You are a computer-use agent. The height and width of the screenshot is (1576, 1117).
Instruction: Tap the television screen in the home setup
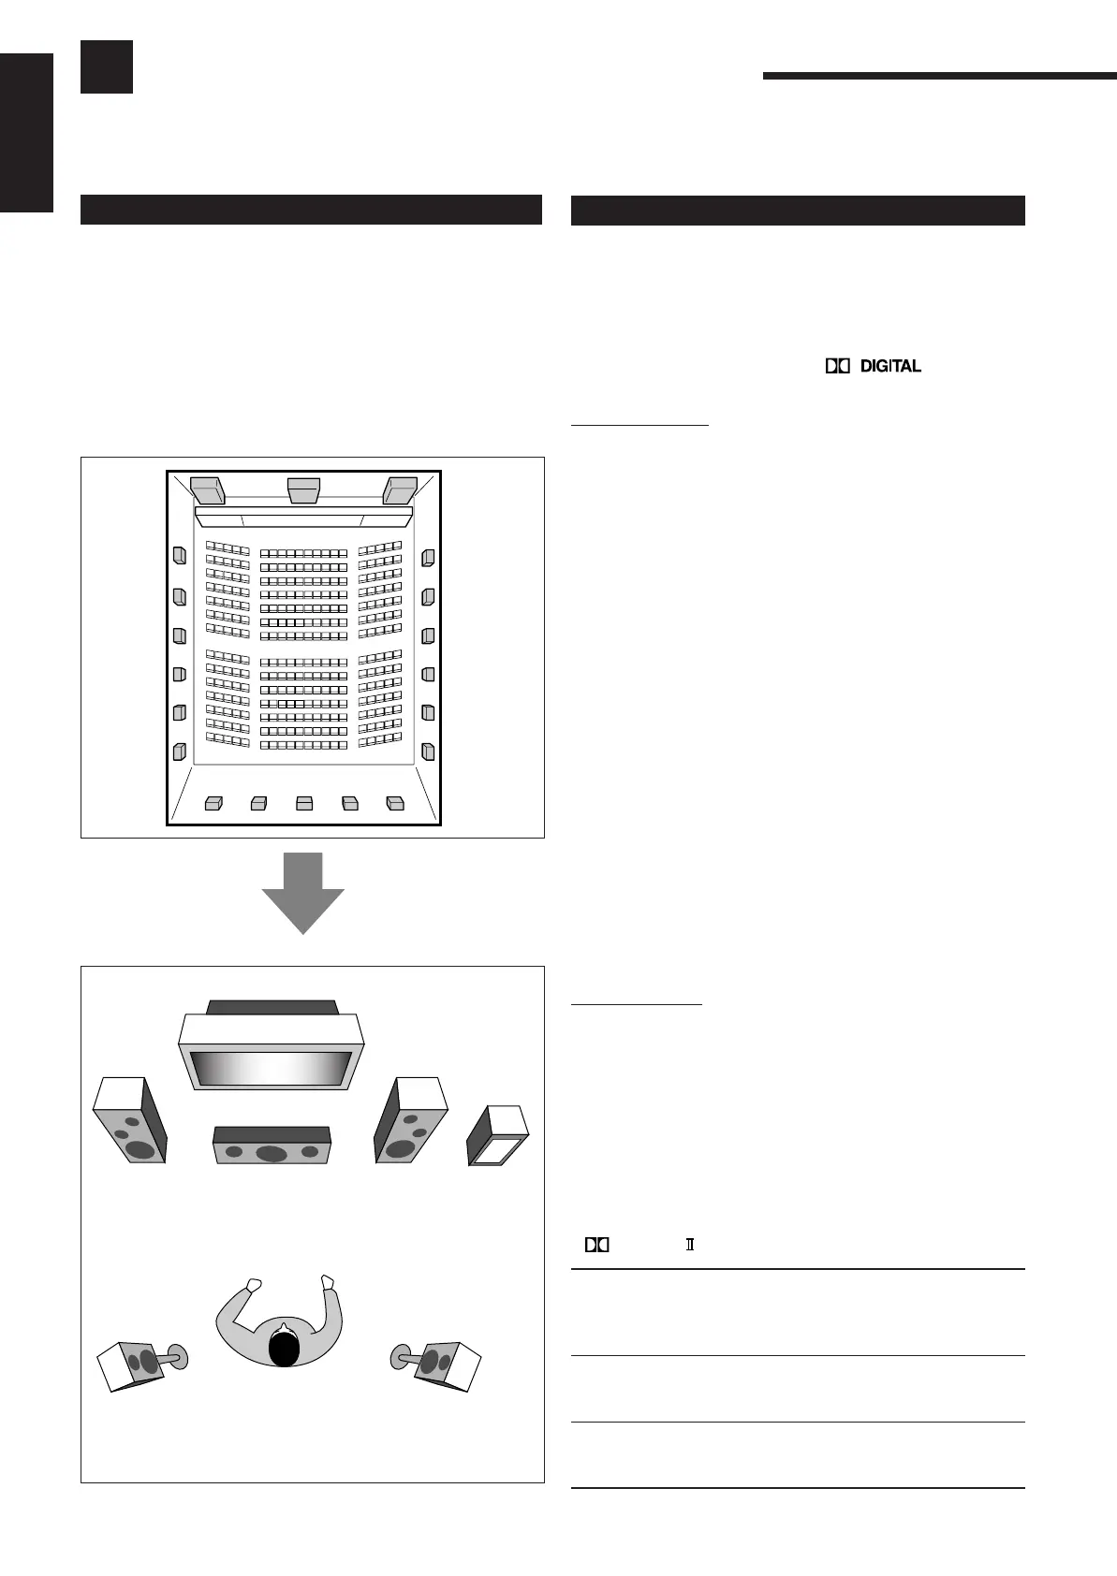pyautogui.click(x=271, y=1068)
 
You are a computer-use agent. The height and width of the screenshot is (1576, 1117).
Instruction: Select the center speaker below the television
pyautogui.click(x=272, y=1146)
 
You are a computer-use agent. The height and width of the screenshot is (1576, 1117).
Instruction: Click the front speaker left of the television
pyautogui.click(x=130, y=1122)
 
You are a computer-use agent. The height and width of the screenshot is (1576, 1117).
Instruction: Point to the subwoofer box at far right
pyautogui.click(x=498, y=1135)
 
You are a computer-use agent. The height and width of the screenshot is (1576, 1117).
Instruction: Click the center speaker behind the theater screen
pyautogui.click(x=303, y=489)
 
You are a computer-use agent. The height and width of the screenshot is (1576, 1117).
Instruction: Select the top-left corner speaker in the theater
pyautogui.click(x=207, y=489)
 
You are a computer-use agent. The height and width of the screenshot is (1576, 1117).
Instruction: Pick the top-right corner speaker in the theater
pyautogui.click(x=400, y=489)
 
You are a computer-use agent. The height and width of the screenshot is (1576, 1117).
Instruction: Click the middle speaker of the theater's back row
pyautogui.click(x=303, y=803)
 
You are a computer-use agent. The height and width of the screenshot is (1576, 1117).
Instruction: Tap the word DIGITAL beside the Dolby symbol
pyautogui.click(x=890, y=367)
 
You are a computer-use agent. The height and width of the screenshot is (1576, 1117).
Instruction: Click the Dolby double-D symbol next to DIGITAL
pyautogui.click(x=837, y=367)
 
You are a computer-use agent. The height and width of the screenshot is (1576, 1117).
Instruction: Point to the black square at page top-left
pyautogui.click(x=106, y=66)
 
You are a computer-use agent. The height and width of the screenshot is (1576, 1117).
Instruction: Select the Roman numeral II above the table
pyautogui.click(x=690, y=1245)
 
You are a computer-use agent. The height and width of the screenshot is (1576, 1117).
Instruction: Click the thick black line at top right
pyautogui.click(x=939, y=77)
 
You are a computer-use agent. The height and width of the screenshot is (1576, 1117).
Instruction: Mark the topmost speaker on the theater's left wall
pyautogui.click(x=179, y=556)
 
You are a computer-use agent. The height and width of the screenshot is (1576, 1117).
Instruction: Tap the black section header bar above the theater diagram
pyautogui.click(x=311, y=210)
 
